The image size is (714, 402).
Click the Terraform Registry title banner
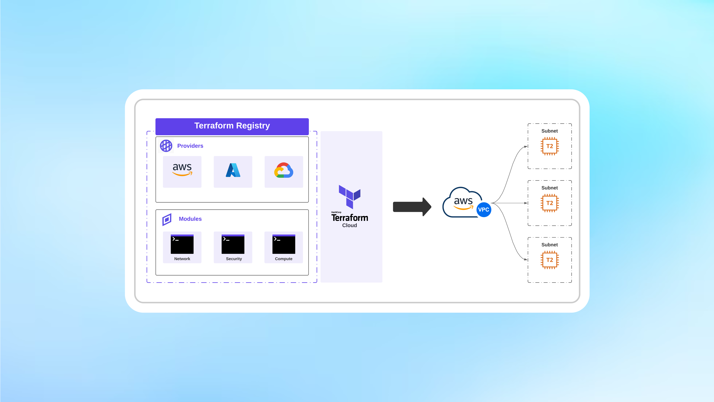pos(232,126)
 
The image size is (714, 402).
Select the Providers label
pos(190,146)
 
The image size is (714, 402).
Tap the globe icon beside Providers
pos(166,146)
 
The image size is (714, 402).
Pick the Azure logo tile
pos(233,172)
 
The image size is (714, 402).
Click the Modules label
pos(190,219)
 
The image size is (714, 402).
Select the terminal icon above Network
pos(182,244)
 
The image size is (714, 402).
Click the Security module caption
pos(234,259)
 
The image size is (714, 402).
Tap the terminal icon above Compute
pos(284,244)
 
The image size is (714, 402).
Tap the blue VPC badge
pos(484,210)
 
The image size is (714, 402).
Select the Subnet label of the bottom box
pos(550,245)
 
